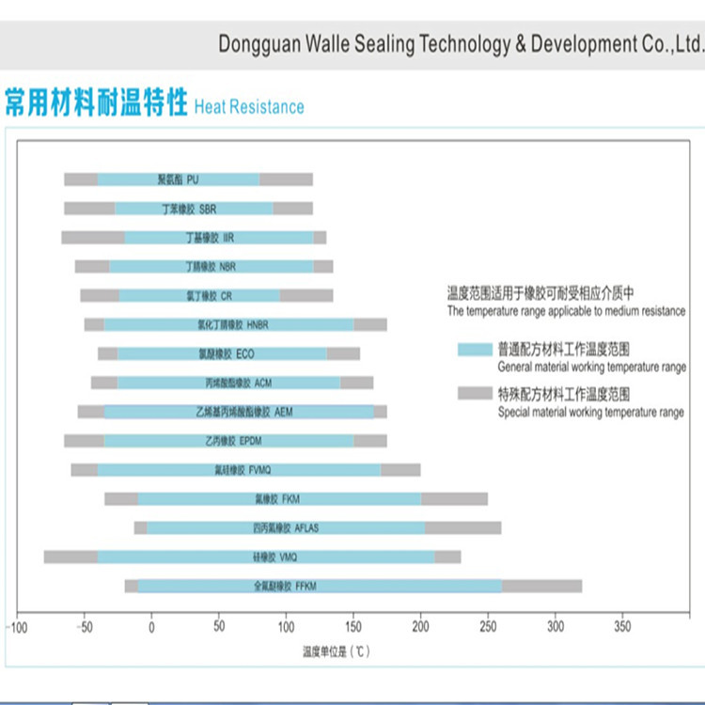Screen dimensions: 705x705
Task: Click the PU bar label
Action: click(x=178, y=180)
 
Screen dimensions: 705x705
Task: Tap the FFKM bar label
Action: click(x=285, y=587)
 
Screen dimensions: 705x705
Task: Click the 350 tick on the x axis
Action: click(x=622, y=627)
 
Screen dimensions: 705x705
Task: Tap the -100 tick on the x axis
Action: click(x=16, y=627)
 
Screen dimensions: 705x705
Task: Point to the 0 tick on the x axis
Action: click(x=151, y=627)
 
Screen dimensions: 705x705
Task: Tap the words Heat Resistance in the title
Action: click(x=249, y=107)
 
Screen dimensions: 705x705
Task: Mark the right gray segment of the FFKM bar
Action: click(x=541, y=587)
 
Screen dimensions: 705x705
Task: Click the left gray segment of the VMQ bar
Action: click(x=70, y=557)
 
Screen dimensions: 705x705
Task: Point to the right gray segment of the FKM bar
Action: click(x=454, y=499)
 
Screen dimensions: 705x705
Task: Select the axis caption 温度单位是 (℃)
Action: click(x=336, y=651)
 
